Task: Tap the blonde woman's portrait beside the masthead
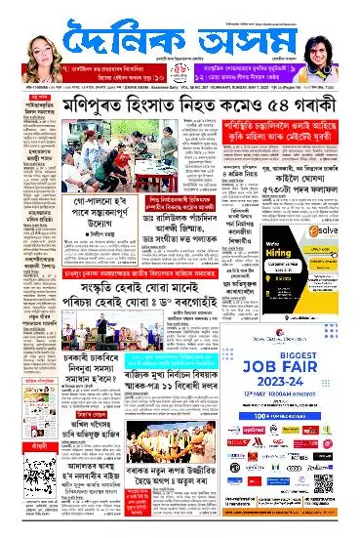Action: (x=27, y=39)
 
